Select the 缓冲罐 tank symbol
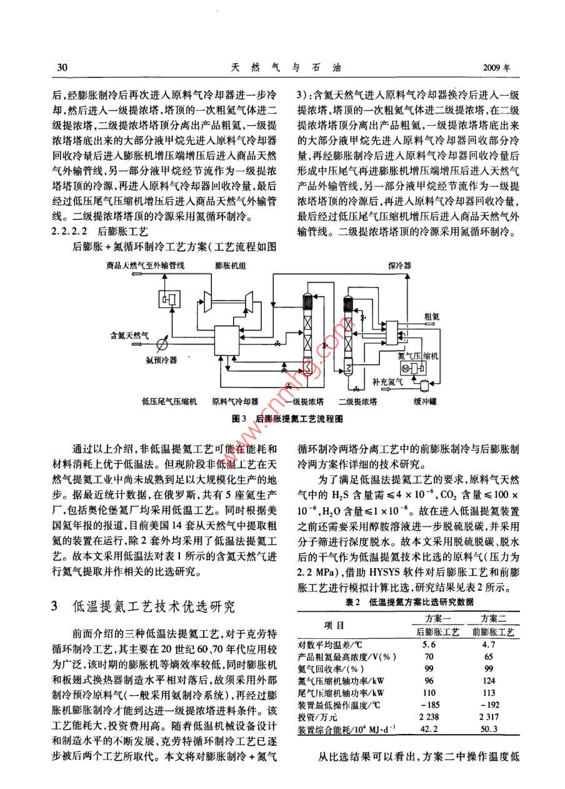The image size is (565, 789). [424, 380]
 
